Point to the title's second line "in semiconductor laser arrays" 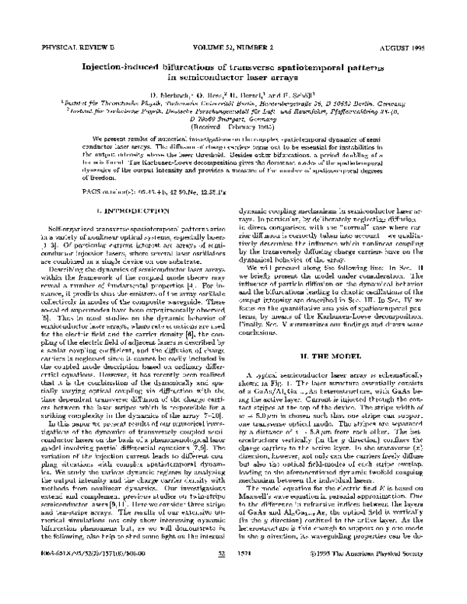(x=233, y=78)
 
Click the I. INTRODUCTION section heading (x=128, y=210)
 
